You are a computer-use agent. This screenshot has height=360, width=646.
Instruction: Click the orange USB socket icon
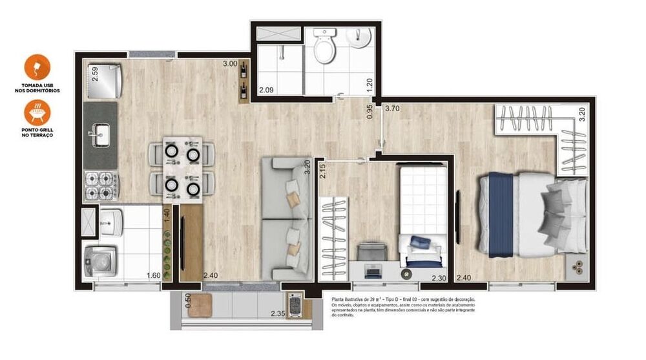37,67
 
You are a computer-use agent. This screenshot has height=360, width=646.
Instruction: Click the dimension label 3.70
393,109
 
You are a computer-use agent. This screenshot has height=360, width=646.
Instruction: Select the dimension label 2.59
94,74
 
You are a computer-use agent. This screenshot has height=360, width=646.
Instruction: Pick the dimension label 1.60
153,276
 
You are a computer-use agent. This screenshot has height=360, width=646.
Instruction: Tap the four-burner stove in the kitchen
100,185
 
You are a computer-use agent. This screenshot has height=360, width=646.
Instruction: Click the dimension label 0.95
370,112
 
